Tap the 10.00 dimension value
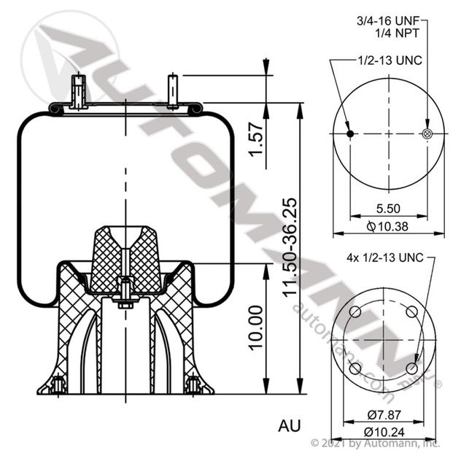(255, 326)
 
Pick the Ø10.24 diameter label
(384, 430)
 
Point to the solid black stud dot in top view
(350, 133)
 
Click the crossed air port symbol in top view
(427, 133)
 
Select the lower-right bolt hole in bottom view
(414, 369)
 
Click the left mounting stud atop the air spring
(77, 91)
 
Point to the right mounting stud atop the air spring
(173, 90)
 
